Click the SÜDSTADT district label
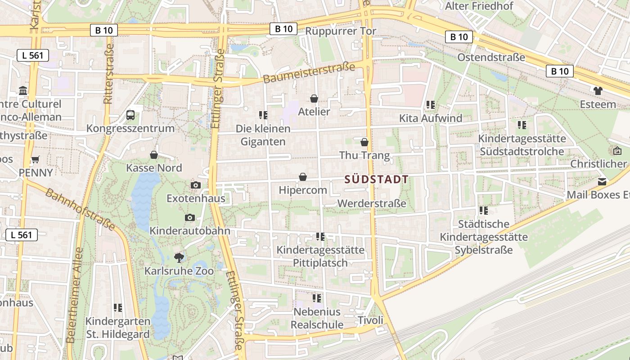click(x=376, y=180)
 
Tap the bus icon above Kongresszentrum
click(x=130, y=115)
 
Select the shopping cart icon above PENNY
click(x=35, y=159)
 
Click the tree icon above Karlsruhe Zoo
click(x=179, y=257)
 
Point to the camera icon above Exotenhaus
click(x=195, y=185)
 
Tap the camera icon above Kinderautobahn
click(x=190, y=218)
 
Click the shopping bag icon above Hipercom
click(x=303, y=177)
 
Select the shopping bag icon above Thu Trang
click(x=364, y=142)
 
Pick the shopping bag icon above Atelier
click(x=314, y=98)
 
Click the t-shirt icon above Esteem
click(x=598, y=90)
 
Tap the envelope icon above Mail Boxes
click(x=602, y=182)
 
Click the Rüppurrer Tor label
click(x=341, y=31)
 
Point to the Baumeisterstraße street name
click(x=309, y=73)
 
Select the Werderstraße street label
click(x=372, y=203)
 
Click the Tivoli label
click(x=370, y=320)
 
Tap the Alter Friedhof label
click(x=479, y=6)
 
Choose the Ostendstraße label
click(x=491, y=58)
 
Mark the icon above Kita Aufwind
click(x=431, y=105)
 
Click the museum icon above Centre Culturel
click(x=23, y=91)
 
